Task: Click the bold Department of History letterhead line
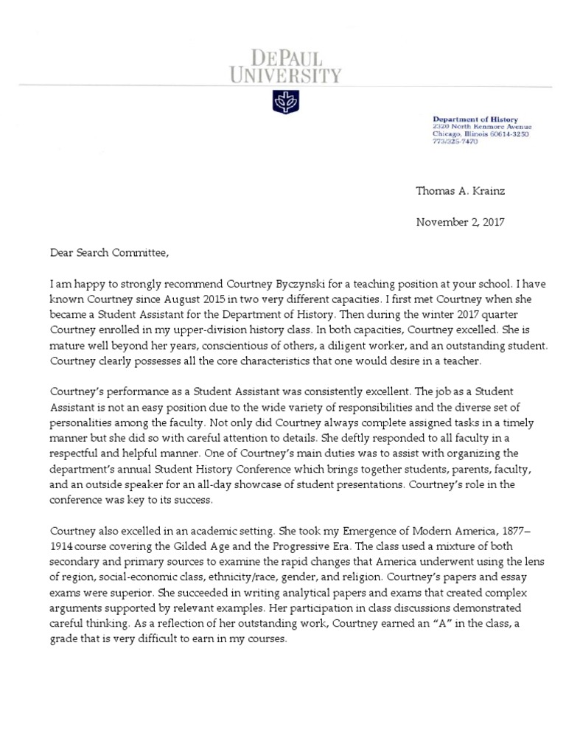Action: [475, 119]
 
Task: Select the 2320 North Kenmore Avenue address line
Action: [480, 127]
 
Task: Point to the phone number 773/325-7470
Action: [455, 142]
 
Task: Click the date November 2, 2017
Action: [460, 221]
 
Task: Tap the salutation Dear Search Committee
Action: [109, 253]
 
